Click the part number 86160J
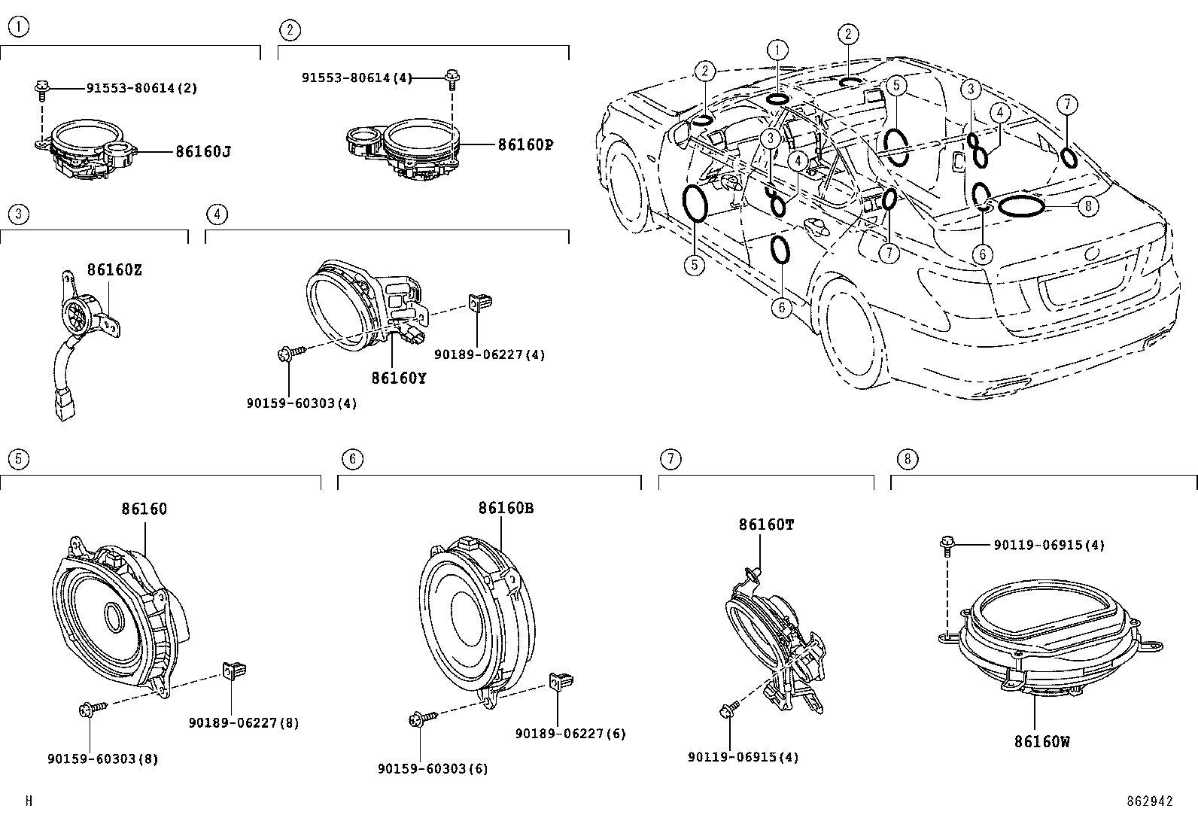pos(202,151)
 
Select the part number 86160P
pos(525,144)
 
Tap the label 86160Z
pos(114,269)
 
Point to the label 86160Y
pos(398,378)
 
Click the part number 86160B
pos(505,508)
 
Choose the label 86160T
pos(765,524)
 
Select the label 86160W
pos(1041,741)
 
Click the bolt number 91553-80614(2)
pos(141,88)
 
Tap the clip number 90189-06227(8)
pos(243,722)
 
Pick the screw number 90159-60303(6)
pos(433,768)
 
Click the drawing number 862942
pos(1149,801)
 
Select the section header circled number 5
pos(18,458)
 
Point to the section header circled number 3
pos(18,214)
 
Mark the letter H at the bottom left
pos(29,801)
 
